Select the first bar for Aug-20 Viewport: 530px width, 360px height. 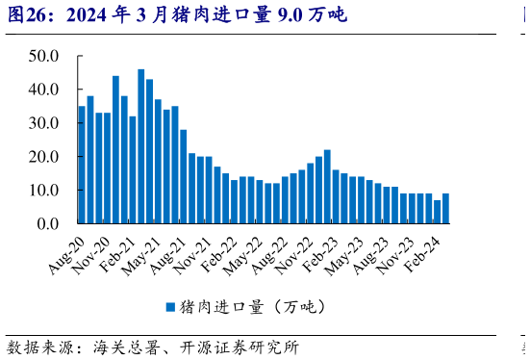click(x=82, y=165)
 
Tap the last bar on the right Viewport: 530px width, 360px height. click(x=445, y=209)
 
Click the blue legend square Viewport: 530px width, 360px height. click(x=170, y=307)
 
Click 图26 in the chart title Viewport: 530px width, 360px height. click(x=24, y=15)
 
